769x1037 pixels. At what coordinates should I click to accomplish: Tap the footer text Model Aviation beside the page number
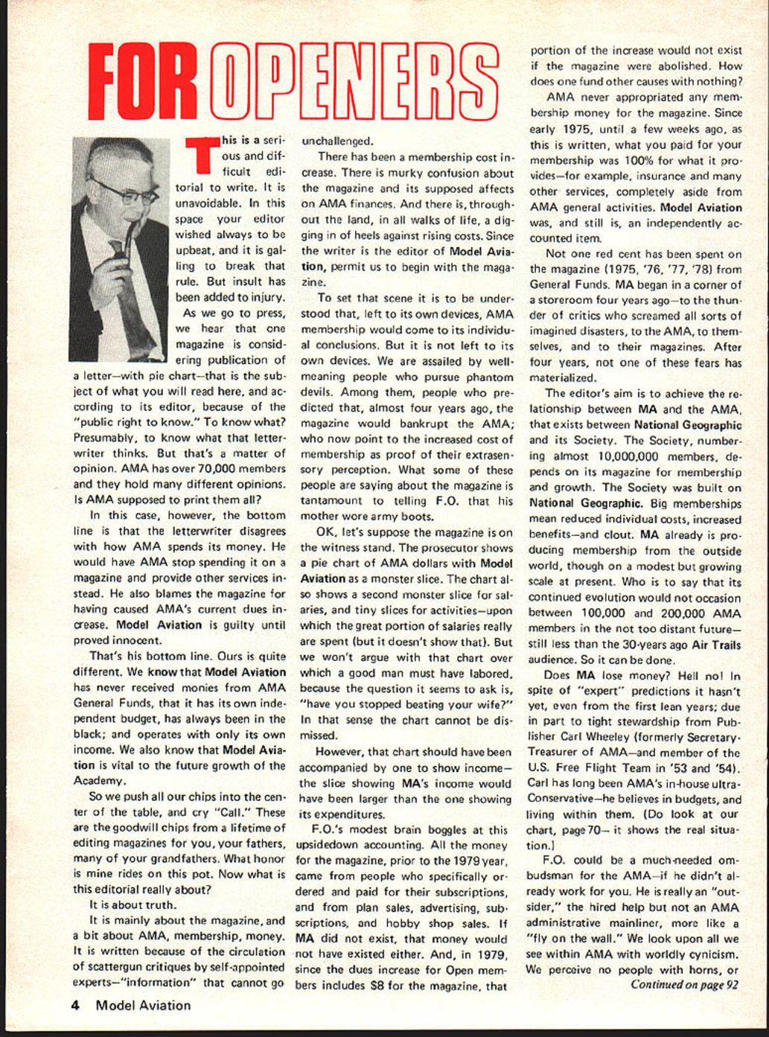click(x=143, y=1005)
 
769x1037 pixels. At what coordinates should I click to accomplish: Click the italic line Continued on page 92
click(x=684, y=984)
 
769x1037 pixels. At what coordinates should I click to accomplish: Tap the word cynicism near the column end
click(x=712, y=954)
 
